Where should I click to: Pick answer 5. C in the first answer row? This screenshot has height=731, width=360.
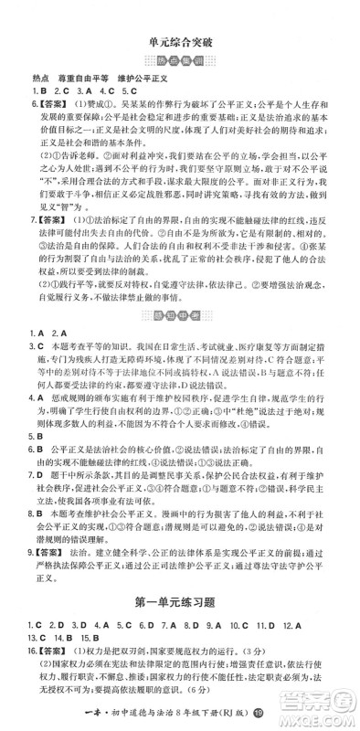[128, 92]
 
